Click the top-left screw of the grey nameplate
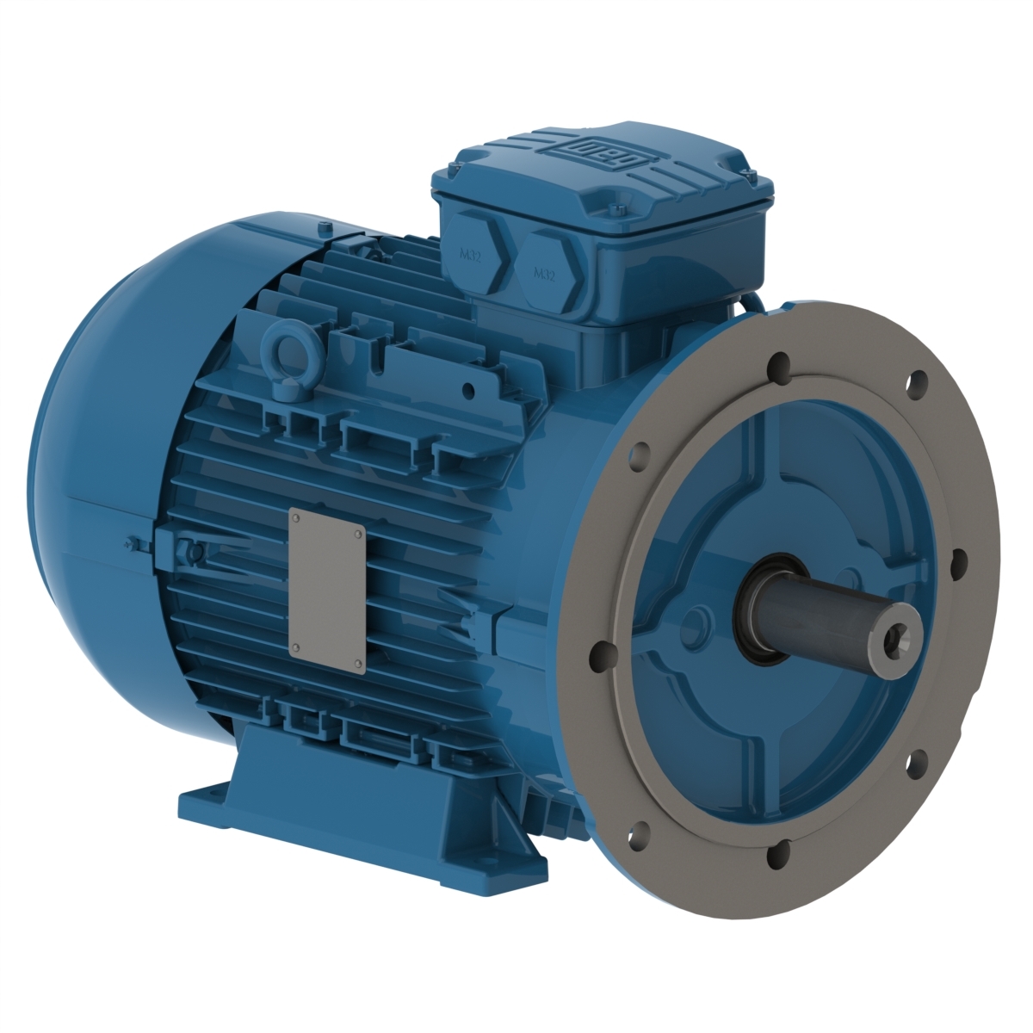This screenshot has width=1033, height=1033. click(x=295, y=519)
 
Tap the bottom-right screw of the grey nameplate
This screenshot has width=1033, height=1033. click(x=357, y=661)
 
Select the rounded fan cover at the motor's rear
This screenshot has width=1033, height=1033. click(x=103, y=482)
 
